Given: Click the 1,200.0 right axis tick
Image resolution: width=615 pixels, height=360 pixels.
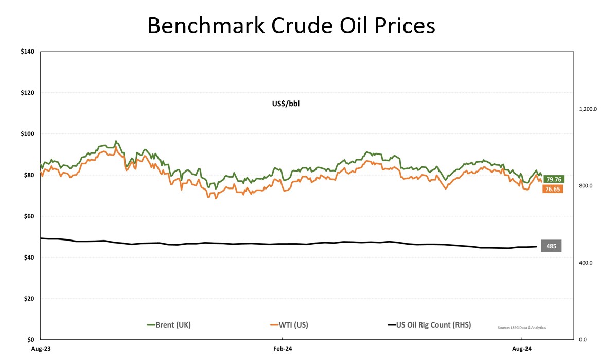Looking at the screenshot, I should [587, 109].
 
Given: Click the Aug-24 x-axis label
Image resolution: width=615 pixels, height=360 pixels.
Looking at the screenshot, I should [521, 349].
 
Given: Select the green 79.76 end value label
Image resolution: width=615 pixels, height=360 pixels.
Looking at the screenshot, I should [554, 179].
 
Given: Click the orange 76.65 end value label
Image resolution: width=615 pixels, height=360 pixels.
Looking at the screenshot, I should [551, 190].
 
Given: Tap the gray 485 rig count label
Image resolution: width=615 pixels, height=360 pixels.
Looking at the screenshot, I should [551, 246].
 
